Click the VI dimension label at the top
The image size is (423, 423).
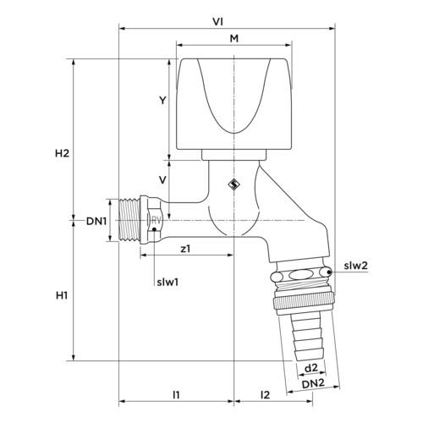[217, 22]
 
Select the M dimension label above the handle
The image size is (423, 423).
[234, 38]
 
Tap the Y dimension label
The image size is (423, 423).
[162, 100]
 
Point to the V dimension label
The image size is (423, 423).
[162, 180]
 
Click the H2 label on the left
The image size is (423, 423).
[62, 153]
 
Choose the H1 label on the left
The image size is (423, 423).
[62, 295]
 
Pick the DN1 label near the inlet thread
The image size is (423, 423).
[96, 221]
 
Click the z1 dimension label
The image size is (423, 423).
[185, 249]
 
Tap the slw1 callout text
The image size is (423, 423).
[168, 283]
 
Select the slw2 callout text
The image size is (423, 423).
[356, 266]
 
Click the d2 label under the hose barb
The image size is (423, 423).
[311, 367]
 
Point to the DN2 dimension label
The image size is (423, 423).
[313, 383]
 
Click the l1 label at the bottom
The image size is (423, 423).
[176, 395]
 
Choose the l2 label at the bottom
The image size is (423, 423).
[266, 395]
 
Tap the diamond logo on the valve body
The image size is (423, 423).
[233, 184]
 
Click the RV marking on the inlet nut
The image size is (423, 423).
[157, 220]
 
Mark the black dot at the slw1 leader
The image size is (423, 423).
[154, 229]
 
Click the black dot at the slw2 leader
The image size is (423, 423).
[329, 272]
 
